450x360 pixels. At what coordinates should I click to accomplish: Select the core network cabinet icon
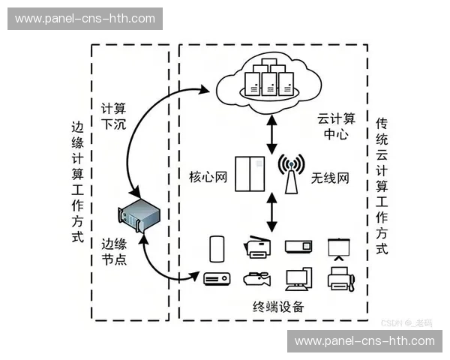248,173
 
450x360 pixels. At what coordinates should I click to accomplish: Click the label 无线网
331,178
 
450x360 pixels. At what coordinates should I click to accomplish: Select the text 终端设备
278,307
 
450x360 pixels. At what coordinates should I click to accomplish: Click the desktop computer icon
297,278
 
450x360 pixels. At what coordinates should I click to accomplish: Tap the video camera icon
256,278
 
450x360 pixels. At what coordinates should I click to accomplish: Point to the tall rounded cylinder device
217,247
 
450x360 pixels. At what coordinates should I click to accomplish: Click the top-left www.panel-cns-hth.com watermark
85,18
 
